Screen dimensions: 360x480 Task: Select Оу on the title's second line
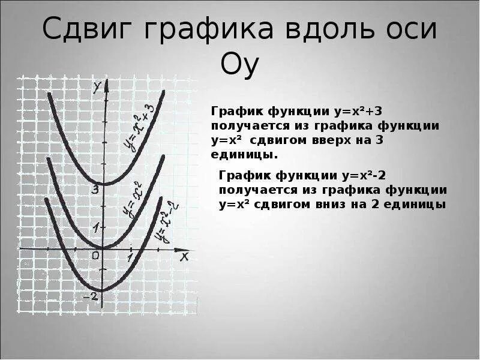tap(239, 65)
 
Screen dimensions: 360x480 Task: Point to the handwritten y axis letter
tap(96, 88)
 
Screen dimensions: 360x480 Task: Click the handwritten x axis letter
tap(184, 256)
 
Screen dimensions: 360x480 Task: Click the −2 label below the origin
tap(91, 296)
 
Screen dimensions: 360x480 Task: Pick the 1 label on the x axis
tap(130, 257)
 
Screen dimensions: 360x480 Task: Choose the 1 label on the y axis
tap(95, 227)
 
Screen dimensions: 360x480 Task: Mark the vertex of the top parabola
tap(103, 183)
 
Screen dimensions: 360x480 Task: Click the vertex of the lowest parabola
tap(103, 290)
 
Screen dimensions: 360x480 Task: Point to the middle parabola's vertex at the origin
tap(103, 248)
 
